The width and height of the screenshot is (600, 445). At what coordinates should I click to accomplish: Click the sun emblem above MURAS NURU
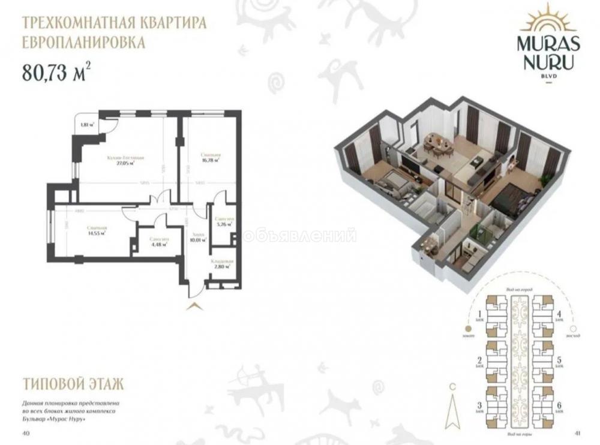[548, 18]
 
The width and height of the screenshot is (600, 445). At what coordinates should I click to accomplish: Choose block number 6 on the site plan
[559, 406]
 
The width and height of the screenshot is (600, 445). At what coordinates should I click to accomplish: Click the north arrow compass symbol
[452, 401]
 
